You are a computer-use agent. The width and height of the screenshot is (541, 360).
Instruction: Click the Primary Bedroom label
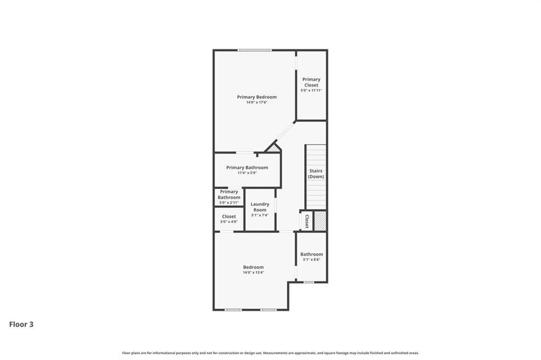257,97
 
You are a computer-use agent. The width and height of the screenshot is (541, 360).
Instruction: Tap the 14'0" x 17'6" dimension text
257,102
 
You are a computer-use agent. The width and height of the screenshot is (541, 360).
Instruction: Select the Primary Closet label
311,82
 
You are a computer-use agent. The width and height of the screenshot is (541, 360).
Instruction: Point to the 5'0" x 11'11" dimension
311,90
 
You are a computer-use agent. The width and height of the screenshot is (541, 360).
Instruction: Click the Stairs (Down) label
316,174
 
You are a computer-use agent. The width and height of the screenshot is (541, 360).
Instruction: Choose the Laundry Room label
260,207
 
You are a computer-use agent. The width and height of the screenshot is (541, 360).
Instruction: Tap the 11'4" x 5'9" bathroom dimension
247,173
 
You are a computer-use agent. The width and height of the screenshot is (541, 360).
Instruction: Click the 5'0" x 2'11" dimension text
229,203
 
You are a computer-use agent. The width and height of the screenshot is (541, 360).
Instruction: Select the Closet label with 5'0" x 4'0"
229,216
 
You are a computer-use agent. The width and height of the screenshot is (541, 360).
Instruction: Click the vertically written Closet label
306,221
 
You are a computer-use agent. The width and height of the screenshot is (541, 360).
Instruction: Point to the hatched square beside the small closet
320,221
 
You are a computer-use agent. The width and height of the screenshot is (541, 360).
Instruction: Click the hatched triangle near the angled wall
274,149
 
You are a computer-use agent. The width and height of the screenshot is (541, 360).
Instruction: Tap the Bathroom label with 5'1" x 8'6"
312,254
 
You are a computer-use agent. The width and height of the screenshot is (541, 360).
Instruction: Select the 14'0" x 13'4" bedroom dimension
253,272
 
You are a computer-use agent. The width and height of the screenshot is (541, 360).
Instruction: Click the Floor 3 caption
21,324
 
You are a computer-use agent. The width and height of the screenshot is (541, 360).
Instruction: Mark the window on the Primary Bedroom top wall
254,50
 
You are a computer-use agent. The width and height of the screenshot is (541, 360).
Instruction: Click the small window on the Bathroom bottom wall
309,282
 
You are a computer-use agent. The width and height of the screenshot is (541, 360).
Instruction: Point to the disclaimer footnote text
270,353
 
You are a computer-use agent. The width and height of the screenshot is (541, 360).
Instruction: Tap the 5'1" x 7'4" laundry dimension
260,215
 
